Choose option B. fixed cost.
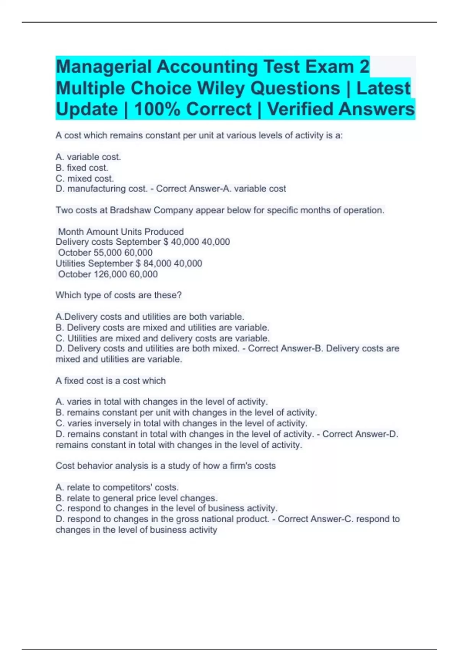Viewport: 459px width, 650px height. pyautogui.click(x=82, y=167)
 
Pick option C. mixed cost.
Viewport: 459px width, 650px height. pyautogui.click(x=85, y=178)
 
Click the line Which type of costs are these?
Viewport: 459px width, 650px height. pyautogui.click(x=119, y=295)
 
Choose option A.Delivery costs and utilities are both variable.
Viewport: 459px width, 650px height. pyautogui.click(x=150, y=317)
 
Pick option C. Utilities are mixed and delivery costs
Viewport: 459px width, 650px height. pyautogui.click(x=163, y=338)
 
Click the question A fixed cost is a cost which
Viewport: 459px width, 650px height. pyautogui.click(x=111, y=381)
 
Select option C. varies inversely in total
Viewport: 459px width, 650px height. pyautogui.click(x=181, y=423)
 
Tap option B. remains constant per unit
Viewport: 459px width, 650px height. pyautogui.click(x=186, y=413)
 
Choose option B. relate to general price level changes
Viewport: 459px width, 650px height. pyautogui.click(x=137, y=498)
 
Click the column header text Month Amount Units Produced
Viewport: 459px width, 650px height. pyautogui.click(x=121, y=232)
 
